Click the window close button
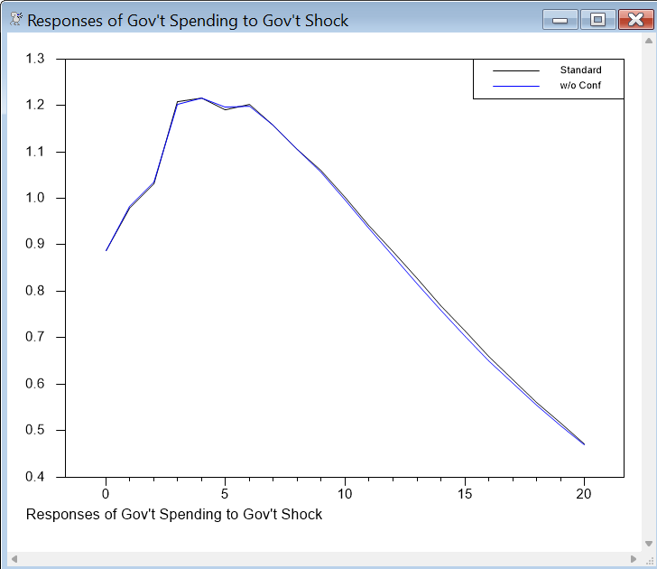630,19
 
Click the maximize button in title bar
597,19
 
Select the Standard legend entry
580,70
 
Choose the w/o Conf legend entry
580,87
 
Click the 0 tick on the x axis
106,494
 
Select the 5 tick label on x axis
226,494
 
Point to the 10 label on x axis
345,494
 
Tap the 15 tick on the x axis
465,494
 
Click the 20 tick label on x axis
584,494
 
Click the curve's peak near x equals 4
201,98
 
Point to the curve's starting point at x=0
106,250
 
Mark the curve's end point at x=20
584,444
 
